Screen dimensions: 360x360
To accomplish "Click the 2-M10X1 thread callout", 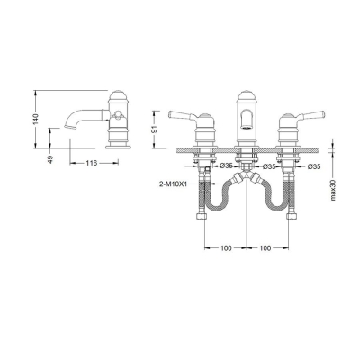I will point(171,184).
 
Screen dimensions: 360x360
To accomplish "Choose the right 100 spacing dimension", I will point(264,244).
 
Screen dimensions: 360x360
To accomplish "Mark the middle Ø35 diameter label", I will point(267,166).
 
